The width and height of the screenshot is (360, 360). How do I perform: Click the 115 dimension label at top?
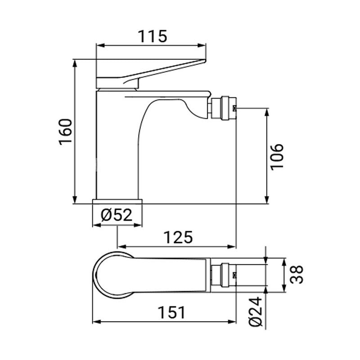click(151, 36)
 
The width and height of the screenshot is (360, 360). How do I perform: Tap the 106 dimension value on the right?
click(277, 156)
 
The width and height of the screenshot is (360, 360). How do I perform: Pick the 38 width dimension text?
click(297, 275)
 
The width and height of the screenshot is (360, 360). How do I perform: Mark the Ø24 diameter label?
click(255, 313)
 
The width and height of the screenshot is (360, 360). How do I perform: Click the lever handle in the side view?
click(148, 72)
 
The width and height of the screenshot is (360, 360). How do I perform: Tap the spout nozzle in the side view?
click(224, 108)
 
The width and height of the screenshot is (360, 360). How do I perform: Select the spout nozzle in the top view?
click(224, 275)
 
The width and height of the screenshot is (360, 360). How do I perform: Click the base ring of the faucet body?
click(117, 201)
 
